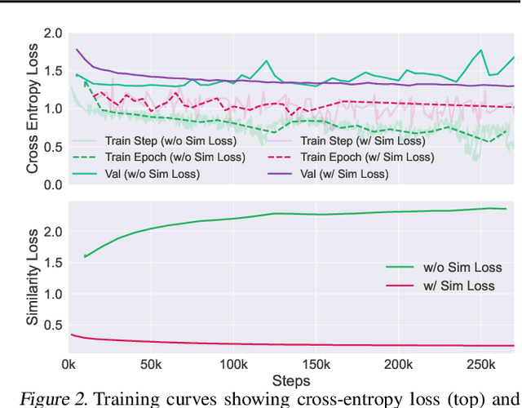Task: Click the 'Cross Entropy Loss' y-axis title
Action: point(33,108)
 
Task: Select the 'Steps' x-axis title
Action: point(292,380)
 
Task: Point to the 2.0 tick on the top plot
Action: point(53,33)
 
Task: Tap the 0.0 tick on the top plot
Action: point(53,184)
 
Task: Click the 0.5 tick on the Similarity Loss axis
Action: point(53,326)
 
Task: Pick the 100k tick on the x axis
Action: point(233,364)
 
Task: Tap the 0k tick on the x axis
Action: point(69,364)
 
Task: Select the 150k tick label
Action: point(316,364)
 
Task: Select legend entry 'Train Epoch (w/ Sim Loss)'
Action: point(366,157)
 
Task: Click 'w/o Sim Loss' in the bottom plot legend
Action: point(463,267)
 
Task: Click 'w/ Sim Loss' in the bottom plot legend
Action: point(459,285)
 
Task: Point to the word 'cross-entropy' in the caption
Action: point(338,399)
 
